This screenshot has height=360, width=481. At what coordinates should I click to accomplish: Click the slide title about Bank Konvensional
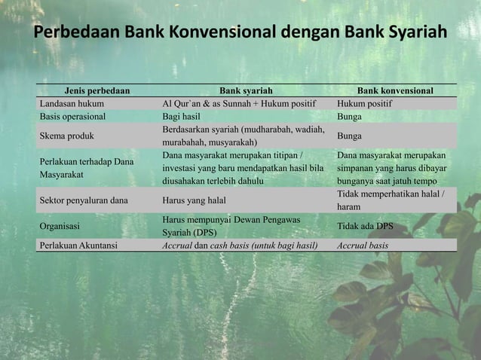pos(240,35)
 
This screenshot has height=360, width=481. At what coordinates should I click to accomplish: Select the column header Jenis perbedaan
pos(97,90)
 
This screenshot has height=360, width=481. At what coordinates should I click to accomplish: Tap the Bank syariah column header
pos(246,90)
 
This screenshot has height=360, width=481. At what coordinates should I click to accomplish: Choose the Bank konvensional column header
pos(395,90)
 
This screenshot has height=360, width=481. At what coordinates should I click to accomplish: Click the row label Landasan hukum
pos(72,104)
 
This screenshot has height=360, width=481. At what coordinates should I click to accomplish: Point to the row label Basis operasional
pos(73,117)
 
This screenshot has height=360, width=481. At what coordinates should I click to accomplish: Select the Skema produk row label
pos(67,136)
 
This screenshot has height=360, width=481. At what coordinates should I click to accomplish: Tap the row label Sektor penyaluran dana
pos(84,201)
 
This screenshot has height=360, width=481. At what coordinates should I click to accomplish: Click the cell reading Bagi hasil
pos(183,117)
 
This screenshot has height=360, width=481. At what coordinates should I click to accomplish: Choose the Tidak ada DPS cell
pos(365,225)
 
